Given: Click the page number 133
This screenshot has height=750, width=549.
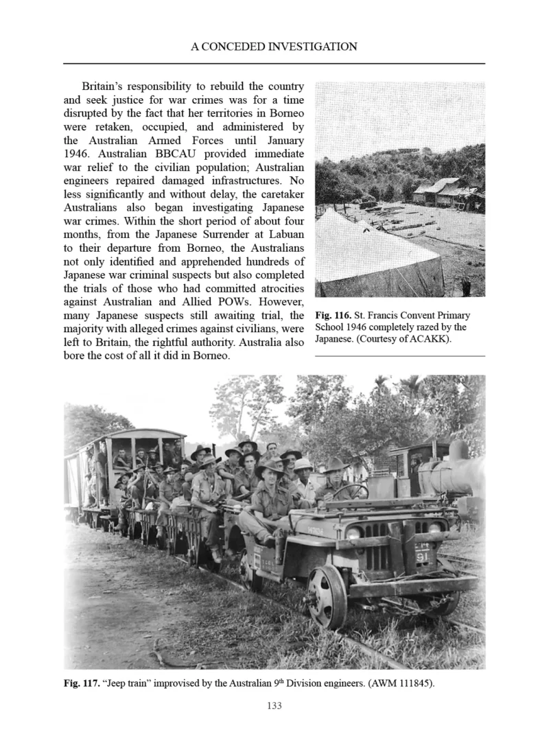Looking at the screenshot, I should coord(274,705).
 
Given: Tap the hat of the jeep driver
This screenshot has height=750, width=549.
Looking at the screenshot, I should coord(268,469).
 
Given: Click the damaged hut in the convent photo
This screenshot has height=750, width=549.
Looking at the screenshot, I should coord(446,193).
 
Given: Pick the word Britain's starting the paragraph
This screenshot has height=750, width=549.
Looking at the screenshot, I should coord(107,87).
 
